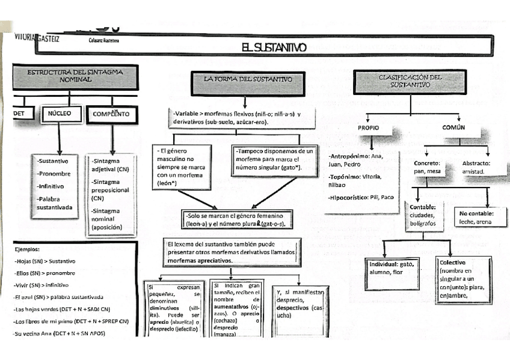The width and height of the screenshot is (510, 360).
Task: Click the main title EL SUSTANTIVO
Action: pos(274,47)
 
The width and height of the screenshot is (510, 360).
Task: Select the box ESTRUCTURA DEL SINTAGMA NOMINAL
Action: pos(76,76)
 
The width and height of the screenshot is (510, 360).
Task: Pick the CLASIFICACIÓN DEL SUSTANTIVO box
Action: pos(410,81)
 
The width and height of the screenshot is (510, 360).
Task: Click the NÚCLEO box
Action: pos(60,114)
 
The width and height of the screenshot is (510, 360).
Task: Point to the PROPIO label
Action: pos(369,128)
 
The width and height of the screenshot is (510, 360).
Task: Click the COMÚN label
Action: pos(454,128)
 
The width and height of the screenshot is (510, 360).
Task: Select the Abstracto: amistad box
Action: pos(476,167)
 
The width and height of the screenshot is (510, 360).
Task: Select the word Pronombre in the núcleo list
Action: pos(54,174)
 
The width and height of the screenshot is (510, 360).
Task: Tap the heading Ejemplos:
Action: pos(27,249)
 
